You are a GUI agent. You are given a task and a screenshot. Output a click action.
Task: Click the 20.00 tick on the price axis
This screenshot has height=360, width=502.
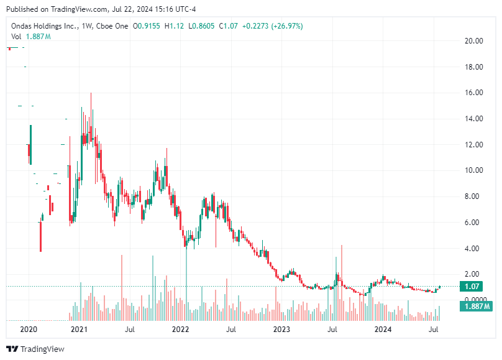[x=475, y=41]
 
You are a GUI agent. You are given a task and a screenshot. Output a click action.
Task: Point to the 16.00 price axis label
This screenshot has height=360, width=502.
[x=475, y=93]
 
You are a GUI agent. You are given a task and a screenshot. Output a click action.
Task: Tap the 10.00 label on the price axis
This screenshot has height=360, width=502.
[x=475, y=170]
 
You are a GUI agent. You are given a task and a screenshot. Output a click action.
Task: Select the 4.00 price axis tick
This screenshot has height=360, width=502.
[x=475, y=249]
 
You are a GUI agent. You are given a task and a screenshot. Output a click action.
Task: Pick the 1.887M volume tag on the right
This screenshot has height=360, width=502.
[x=475, y=307]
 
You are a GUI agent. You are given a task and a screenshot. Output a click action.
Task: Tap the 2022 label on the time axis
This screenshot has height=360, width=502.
[x=180, y=329]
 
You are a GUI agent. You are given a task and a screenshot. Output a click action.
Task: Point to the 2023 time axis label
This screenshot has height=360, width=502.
[x=282, y=329]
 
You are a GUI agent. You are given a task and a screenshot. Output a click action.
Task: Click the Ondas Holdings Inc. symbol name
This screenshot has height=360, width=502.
[x=43, y=26]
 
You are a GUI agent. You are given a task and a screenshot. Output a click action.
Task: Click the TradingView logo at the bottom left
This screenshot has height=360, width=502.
[x=35, y=349]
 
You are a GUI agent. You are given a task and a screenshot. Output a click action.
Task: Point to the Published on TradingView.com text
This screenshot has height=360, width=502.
[x=48, y=9]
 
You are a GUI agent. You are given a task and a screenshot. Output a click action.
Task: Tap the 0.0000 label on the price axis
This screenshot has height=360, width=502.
[x=473, y=300]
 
